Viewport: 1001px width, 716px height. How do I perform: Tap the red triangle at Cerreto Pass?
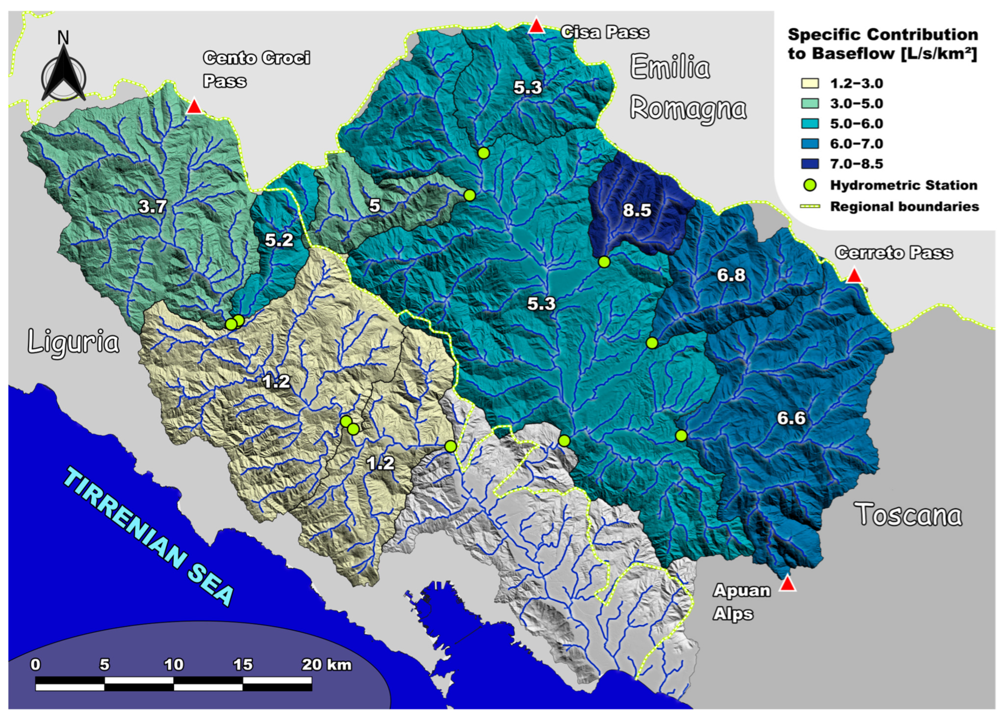click(854, 276)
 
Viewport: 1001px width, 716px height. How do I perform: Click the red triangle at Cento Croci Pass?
click(194, 107)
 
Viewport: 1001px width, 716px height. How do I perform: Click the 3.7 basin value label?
click(152, 207)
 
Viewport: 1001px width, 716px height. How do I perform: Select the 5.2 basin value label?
click(279, 240)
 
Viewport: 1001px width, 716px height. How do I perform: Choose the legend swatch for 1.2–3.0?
click(810, 83)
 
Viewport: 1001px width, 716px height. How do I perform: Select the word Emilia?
click(670, 68)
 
